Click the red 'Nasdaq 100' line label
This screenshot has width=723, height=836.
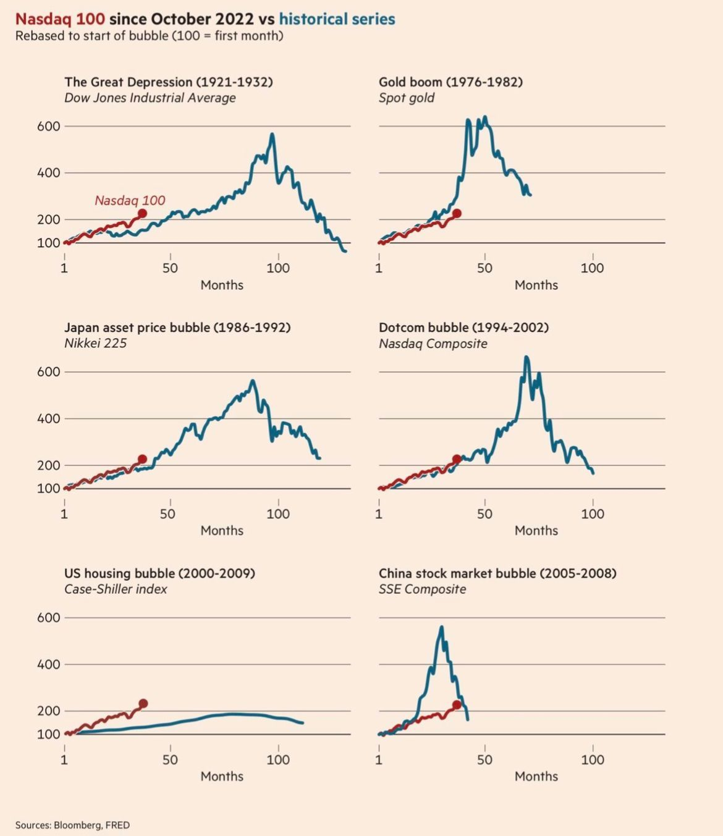(x=130, y=200)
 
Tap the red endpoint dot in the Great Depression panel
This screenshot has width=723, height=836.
(x=142, y=213)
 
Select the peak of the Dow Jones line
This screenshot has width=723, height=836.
(x=272, y=134)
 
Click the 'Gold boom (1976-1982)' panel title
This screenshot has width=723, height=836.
(x=450, y=82)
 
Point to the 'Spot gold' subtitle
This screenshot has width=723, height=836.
(x=406, y=98)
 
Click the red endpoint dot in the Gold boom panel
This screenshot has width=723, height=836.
(x=457, y=214)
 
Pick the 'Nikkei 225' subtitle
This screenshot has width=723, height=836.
(x=95, y=343)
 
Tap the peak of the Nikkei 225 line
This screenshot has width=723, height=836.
(x=252, y=381)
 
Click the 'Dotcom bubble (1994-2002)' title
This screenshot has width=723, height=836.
(x=463, y=327)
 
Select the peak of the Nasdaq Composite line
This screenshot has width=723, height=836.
(x=526, y=357)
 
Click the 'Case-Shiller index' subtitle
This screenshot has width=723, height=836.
(x=116, y=589)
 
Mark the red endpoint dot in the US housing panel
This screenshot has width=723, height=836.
(x=143, y=703)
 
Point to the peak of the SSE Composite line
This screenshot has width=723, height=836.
(x=441, y=627)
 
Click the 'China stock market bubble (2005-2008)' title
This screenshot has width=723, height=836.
(x=497, y=573)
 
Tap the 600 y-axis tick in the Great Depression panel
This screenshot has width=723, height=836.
(x=49, y=126)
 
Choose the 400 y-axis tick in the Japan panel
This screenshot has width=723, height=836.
(x=49, y=418)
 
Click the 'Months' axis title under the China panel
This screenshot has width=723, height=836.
(x=536, y=776)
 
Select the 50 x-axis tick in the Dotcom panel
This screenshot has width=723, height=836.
(x=484, y=513)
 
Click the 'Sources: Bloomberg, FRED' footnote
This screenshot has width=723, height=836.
(x=72, y=825)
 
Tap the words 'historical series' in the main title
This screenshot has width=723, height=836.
(x=337, y=19)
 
